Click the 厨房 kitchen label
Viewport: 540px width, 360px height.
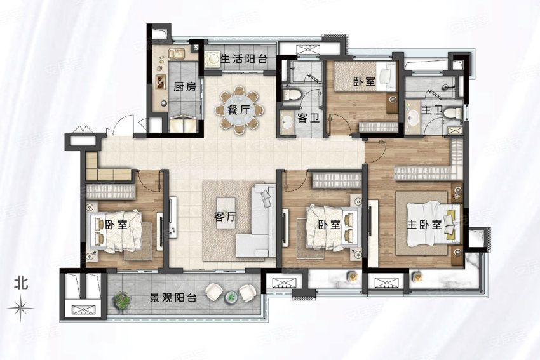pos(185,87)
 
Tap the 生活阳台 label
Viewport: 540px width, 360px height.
pos(244,59)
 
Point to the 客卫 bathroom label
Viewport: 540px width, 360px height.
pos(308,118)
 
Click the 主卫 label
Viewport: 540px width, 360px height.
pos(432,110)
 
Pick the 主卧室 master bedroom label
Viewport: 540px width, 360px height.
pos(424,225)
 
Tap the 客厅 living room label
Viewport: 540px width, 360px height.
pos(226,217)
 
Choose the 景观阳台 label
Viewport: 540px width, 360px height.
pos(173,297)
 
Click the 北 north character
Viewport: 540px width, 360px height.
pos(21,283)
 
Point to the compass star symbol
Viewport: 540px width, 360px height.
pos(21,308)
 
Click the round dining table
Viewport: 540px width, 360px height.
pos(240,110)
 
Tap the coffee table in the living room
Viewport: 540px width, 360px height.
pos(226,213)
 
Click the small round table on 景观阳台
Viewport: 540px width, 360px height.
pos(231,297)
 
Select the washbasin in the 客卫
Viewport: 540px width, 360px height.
pos(286,121)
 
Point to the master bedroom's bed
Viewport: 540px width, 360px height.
pos(434,223)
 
